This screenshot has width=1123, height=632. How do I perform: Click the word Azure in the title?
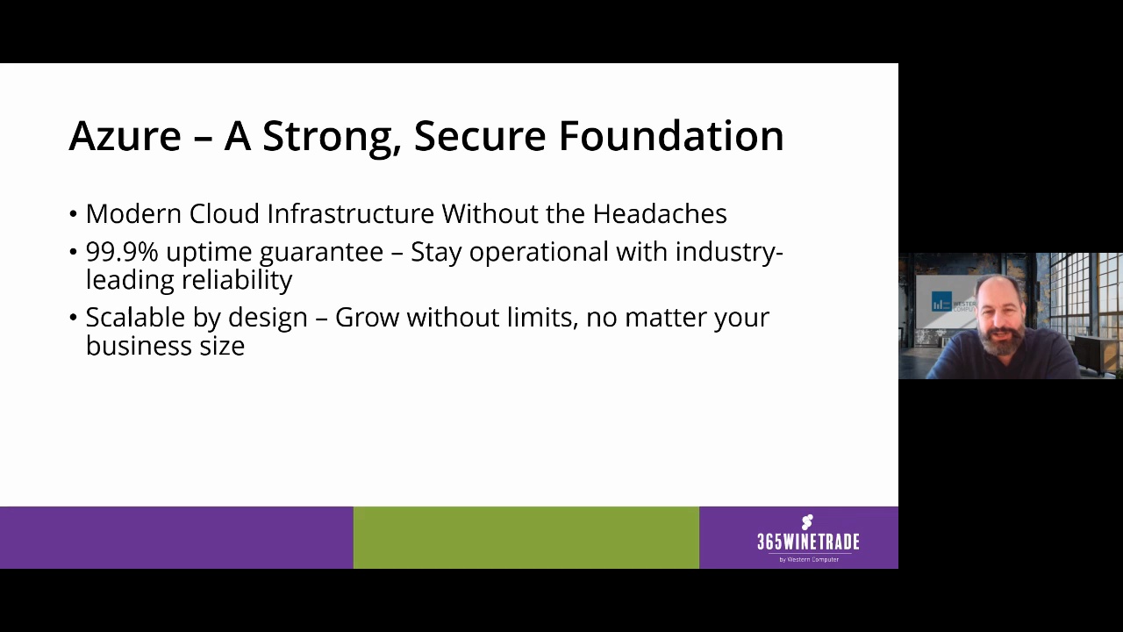coord(125,136)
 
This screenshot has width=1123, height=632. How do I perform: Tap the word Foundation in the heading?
coord(671,136)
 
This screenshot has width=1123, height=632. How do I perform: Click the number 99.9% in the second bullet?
coord(121,252)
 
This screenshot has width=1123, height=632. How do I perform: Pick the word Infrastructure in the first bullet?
coord(350,214)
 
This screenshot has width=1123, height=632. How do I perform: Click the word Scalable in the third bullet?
coord(135,318)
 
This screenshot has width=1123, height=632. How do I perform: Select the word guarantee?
coord(321,253)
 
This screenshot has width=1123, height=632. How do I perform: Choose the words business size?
coord(165,346)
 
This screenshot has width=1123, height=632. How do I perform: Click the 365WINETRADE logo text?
coord(808,541)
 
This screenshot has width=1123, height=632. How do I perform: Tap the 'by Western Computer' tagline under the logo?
coord(809,559)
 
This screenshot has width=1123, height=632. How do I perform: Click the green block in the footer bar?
coord(526,537)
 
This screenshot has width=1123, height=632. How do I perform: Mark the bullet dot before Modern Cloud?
coord(73,215)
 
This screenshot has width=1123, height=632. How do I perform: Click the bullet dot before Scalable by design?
coord(73,318)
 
